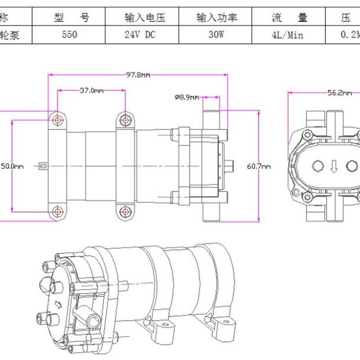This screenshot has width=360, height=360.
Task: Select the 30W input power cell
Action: tap(216, 35)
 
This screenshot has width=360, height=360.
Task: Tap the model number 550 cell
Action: tap(69, 35)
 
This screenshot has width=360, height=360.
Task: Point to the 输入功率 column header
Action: tap(216, 18)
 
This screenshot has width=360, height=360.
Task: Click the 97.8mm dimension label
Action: tap(138, 75)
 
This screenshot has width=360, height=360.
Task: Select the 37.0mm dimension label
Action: tap(92, 90)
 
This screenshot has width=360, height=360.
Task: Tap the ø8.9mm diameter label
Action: tap(186, 97)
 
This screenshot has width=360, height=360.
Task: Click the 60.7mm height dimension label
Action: tap(259, 166)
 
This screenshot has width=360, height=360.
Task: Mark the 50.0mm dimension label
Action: tap(12, 166)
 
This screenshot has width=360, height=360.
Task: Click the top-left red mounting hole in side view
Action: tap(58, 120)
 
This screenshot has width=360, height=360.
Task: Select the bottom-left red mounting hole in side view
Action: tap(58, 211)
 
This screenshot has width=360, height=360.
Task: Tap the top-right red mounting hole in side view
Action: tap(125, 120)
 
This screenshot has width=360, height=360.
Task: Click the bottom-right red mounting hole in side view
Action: tap(125, 211)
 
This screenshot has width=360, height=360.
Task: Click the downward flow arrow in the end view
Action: tap(333, 166)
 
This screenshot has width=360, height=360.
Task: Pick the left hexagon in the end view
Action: tap(318, 166)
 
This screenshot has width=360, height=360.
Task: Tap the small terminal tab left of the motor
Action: tap(43, 166)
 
